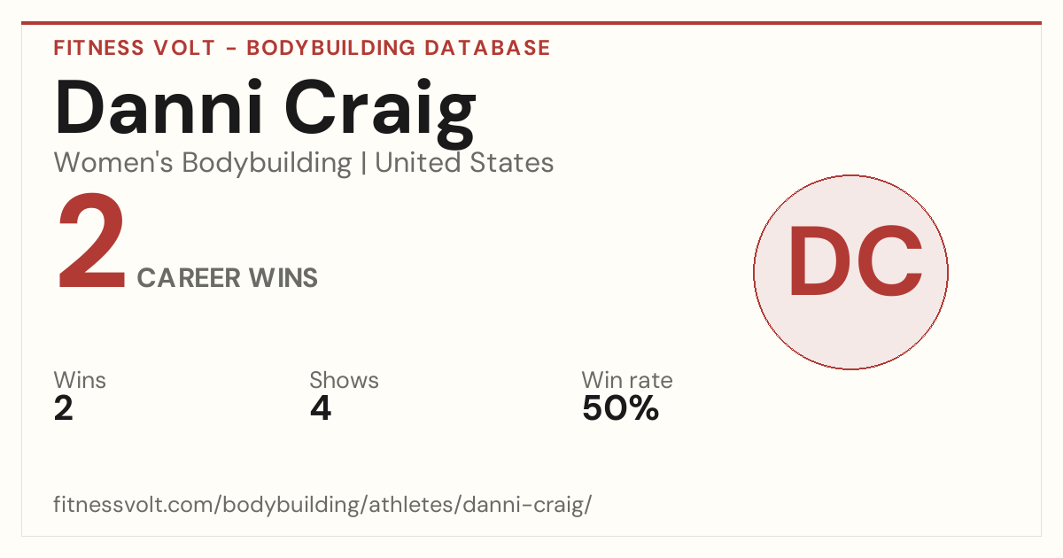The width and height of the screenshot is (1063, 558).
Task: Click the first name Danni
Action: tap(159, 107)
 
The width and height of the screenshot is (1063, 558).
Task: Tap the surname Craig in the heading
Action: tap(380, 112)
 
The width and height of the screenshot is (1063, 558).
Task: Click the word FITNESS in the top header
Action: tap(98, 48)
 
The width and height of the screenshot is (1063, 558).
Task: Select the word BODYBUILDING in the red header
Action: tap(330, 48)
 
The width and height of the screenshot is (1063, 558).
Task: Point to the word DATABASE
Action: tap(487, 48)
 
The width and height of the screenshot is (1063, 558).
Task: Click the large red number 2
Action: tap(91, 241)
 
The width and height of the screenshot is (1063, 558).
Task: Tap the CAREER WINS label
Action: tap(228, 277)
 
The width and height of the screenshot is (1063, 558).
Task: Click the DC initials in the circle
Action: tap(855, 261)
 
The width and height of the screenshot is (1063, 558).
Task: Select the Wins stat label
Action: tap(80, 380)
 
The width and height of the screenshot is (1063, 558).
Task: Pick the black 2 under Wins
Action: tap(64, 408)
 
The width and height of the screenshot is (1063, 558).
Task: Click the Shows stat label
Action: tap(344, 380)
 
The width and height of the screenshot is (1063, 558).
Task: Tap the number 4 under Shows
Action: tap(321, 408)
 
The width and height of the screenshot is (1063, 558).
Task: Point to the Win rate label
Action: tap(627, 380)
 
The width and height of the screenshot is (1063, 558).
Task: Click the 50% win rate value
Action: tap(621, 408)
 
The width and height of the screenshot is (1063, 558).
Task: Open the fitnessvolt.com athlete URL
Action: tap(322, 504)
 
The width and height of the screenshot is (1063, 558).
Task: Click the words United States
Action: tap(464, 163)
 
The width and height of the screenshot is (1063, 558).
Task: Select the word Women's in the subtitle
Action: tap(113, 163)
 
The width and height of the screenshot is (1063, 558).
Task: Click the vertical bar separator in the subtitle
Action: tap(363, 163)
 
